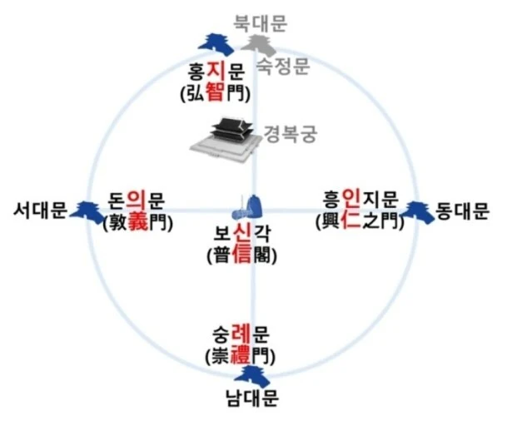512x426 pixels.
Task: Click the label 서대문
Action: pos(38,211)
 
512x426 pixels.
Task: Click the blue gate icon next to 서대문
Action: pos(86,211)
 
